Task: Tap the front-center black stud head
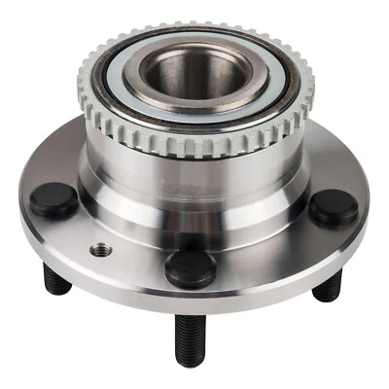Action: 190,267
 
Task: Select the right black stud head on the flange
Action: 334,207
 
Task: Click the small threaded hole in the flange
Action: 101,251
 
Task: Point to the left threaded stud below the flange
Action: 56,282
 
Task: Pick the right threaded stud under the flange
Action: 329,285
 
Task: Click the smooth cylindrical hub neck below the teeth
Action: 194,180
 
